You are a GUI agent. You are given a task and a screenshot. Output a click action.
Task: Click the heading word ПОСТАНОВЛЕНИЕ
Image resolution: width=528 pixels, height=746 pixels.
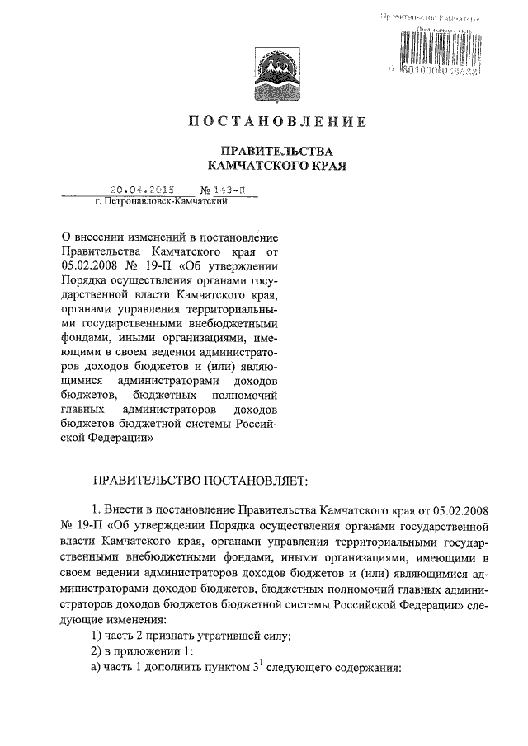[273, 124]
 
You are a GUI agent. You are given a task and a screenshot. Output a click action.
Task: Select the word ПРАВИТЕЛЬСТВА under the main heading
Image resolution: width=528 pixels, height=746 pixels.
[273, 152]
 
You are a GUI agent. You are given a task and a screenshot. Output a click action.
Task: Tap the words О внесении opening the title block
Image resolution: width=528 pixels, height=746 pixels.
[92, 237]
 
